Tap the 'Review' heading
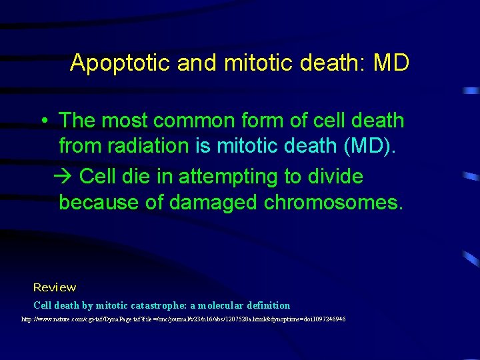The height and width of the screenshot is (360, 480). (55, 287)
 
